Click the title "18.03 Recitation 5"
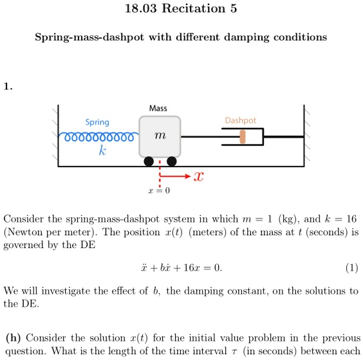click(x=181, y=10)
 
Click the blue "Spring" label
click(x=97, y=122)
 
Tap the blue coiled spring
click(x=97, y=137)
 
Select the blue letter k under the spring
click(x=101, y=151)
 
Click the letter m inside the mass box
click(x=160, y=136)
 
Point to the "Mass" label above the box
click(x=158, y=108)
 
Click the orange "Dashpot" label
click(x=240, y=120)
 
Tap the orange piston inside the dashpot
click(x=243, y=137)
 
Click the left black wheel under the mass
click(x=149, y=161)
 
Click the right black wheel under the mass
click(x=171, y=161)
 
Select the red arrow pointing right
click(x=175, y=175)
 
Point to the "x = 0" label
click(x=158, y=191)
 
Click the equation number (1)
click(x=351, y=268)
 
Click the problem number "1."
click(x=8, y=85)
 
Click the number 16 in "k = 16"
click(x=347, y=219)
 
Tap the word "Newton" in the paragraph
click(x=23, y=231)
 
